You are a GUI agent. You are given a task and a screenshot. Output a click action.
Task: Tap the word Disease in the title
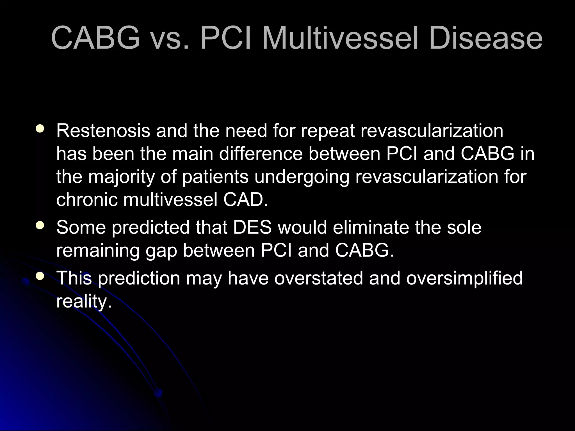[x=485, y=38]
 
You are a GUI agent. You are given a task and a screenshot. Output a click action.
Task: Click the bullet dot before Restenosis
[x=40, y=129]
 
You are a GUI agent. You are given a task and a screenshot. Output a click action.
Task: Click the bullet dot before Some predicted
[x=40, y=225]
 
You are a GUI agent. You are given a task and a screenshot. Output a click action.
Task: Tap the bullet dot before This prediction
[x=40, y=276]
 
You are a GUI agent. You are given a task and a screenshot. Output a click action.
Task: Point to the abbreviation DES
[x=252, y=227]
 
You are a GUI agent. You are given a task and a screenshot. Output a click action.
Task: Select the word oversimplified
[x=464, y=278]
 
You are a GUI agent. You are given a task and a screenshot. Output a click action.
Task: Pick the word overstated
[x=318, y=278]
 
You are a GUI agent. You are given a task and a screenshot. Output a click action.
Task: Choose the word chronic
[x=87, y=200]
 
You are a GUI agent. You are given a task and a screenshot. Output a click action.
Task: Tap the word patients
[x=215, y=177]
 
